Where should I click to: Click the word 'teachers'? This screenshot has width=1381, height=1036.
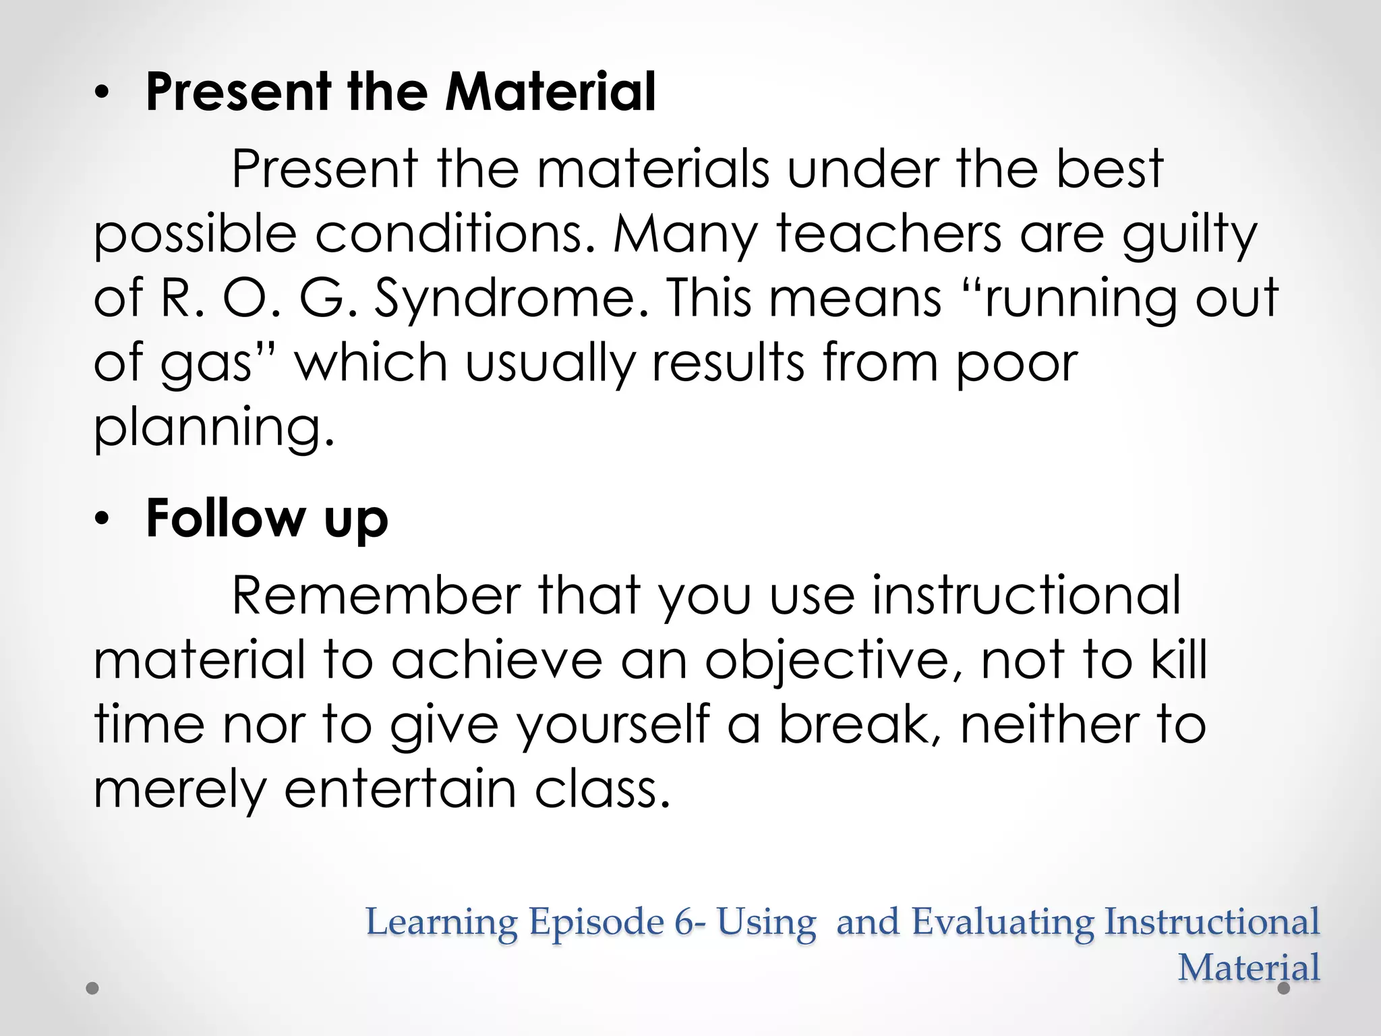point(889,233)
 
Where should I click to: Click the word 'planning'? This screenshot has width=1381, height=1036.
point(213,428)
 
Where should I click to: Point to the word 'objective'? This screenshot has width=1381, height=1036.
point(835,661)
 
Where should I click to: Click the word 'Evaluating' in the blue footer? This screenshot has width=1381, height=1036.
point(1002,923)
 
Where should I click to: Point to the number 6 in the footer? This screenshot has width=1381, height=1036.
point(684,921)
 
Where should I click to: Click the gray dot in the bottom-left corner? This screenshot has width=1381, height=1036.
point(93,988)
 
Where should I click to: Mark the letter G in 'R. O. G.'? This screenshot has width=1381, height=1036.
point(322,298)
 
